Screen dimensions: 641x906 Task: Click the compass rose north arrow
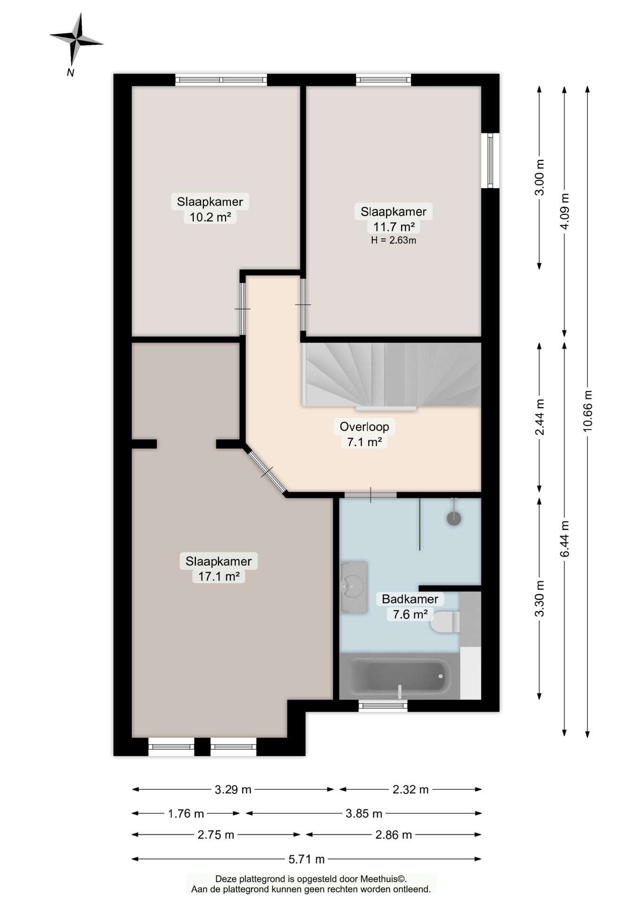76,41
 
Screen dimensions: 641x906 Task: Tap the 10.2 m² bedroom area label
210,217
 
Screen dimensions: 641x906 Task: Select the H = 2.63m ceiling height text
394,240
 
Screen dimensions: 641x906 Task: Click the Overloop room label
364,427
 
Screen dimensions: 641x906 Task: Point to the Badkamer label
410,599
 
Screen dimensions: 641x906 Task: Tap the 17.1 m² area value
219,576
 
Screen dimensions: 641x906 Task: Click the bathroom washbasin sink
354,587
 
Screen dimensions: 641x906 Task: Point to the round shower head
454,518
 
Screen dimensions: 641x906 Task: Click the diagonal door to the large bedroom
266,471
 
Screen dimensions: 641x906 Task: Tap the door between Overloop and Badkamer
371,495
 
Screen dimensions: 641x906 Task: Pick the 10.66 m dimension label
587,411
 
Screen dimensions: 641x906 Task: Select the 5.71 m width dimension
307,859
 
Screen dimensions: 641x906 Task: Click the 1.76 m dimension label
186,814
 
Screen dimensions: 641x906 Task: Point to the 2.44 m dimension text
540,417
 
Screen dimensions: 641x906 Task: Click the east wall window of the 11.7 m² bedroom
490,160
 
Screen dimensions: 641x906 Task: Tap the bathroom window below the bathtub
383,706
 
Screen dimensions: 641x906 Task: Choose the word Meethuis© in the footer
383,879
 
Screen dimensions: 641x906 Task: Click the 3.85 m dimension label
363,814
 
